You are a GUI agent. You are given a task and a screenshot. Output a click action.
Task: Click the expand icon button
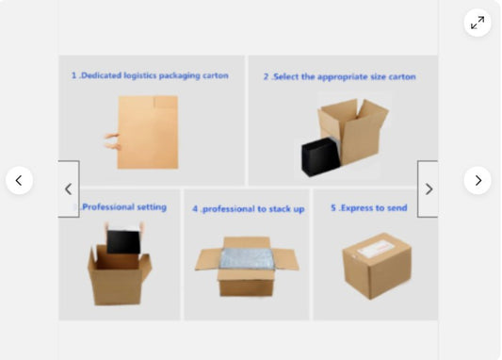click(x=478, y=23)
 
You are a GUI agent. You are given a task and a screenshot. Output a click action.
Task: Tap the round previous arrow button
click(x=19, y=180)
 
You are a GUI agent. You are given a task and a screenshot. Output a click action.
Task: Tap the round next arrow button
click(x=478, y=180)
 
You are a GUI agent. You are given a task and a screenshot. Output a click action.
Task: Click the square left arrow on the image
click(x=69, y=189)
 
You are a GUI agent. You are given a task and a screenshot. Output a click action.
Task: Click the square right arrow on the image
click(x=428, y=189)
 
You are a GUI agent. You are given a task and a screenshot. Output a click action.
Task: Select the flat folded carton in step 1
click(x=148, y=132)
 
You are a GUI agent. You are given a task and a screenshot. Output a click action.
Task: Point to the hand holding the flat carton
click(x=112, y=141)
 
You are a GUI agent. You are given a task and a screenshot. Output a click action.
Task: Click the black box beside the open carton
click(x=320, y=157)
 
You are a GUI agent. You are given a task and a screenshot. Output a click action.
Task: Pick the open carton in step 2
click(x=354, y=131)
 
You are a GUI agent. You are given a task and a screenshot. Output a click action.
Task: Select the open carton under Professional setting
click(x=119, y=275)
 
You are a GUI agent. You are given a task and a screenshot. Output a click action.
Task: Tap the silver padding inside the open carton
click(x=247, y=259)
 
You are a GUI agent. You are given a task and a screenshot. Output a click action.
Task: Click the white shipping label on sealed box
click(x=375, y=249)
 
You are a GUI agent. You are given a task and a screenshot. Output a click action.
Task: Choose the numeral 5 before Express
click(x=333, y=208)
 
